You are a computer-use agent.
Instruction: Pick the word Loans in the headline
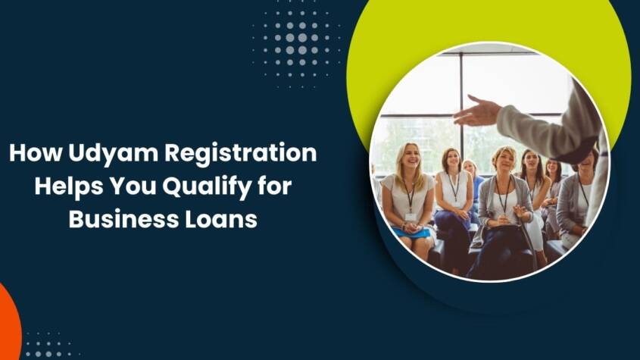220,219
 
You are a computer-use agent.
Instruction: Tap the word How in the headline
35,154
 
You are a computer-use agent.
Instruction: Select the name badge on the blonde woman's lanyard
410,217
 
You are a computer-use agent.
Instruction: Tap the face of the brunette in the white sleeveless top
452,161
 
